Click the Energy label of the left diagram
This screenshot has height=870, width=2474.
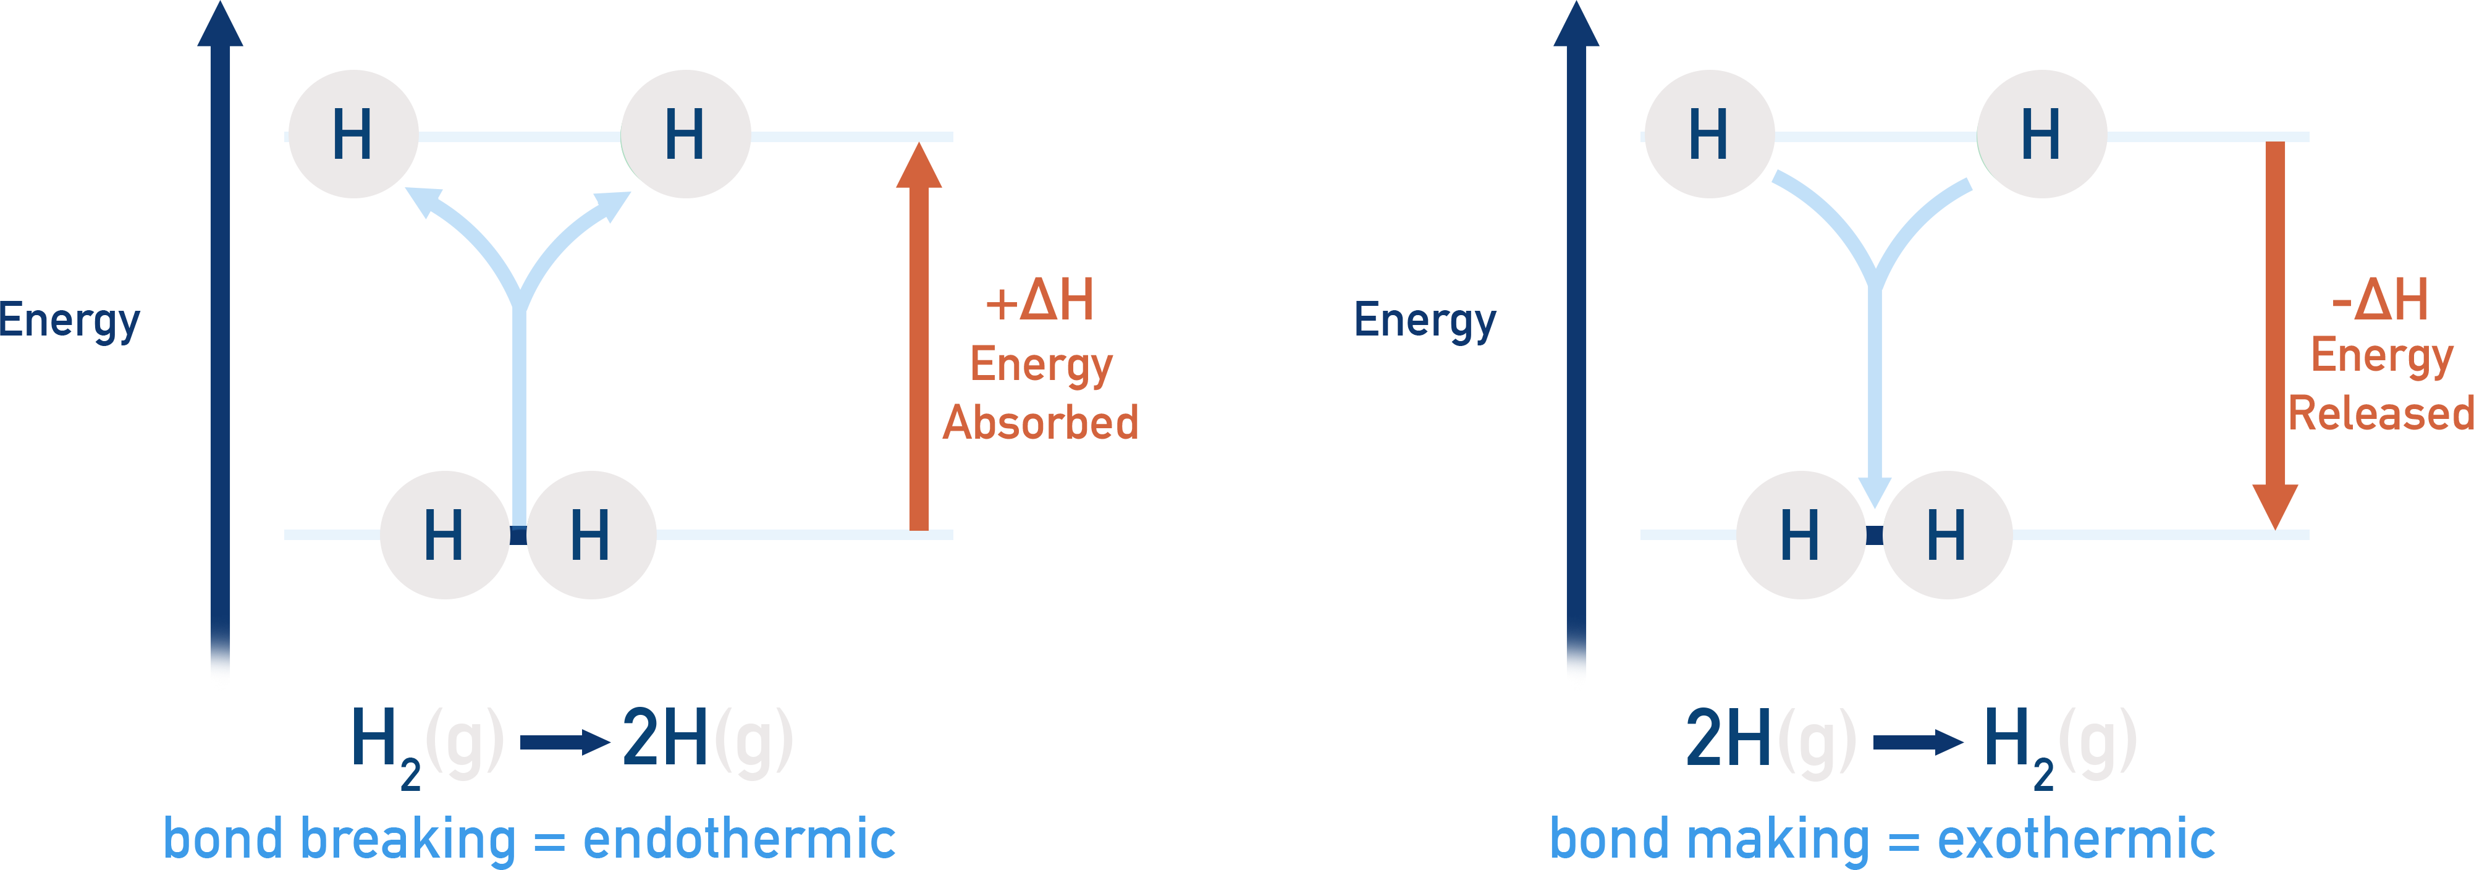(70, 321)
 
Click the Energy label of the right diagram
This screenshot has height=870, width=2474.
(1424, 321)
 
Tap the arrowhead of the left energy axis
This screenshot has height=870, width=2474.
(220, 24)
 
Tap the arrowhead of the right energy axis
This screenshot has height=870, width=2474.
(1576, 24)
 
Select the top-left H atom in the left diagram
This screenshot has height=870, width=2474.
(353, 135)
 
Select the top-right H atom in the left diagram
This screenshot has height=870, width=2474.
(686, 135)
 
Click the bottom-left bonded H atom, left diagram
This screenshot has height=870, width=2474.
(445, 535)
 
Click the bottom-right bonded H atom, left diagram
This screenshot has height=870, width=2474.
(591, 535)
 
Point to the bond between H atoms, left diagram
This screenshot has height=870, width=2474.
(518, 536)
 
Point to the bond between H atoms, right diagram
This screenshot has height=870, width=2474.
(1875, 536)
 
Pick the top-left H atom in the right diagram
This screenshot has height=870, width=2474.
(1710, 135)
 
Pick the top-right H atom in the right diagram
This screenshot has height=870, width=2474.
(2042, 135)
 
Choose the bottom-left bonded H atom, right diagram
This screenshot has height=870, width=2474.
(1801, 535)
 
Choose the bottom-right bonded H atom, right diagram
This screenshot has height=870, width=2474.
(1948, 535)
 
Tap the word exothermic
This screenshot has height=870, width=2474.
(2075, 839)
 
